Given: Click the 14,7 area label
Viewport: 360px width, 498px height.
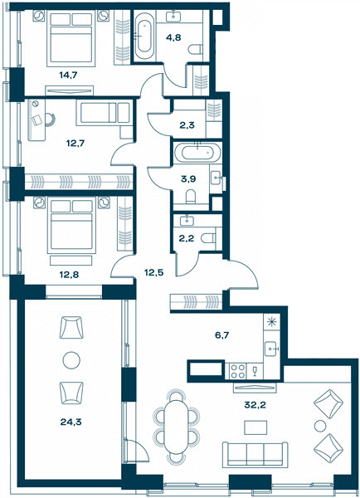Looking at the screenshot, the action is (x=68, y=76).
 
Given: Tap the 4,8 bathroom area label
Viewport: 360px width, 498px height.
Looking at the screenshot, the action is (x=173, y=37).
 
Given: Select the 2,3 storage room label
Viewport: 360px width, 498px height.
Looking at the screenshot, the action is (x=187, y=125).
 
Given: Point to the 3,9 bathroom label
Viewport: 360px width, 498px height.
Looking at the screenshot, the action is (x=188, y=178).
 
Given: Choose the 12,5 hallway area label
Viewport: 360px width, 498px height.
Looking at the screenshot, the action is (x=153, y=272).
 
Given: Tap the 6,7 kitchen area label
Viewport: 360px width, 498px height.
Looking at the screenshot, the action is (x=222, y=335).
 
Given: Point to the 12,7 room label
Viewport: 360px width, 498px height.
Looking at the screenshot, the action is (x=75, y=144).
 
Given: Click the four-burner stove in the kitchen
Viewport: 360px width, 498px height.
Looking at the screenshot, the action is (x=237, y=371).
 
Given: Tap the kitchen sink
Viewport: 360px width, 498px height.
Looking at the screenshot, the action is (x=272, y=349).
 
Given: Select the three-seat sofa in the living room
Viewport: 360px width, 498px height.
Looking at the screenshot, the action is (x=255, y=454).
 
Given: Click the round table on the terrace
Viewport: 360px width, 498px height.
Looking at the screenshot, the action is (x=71, y=360).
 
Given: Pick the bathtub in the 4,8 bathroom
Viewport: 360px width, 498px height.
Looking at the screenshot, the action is (x=145, y=32).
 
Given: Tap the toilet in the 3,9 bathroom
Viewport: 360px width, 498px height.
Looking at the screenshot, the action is (x=191, y=196).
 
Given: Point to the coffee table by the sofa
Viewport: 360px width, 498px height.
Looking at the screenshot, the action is (x=255, y=427).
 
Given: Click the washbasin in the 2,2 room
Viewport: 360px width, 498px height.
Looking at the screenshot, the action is (x=187, y=220).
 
